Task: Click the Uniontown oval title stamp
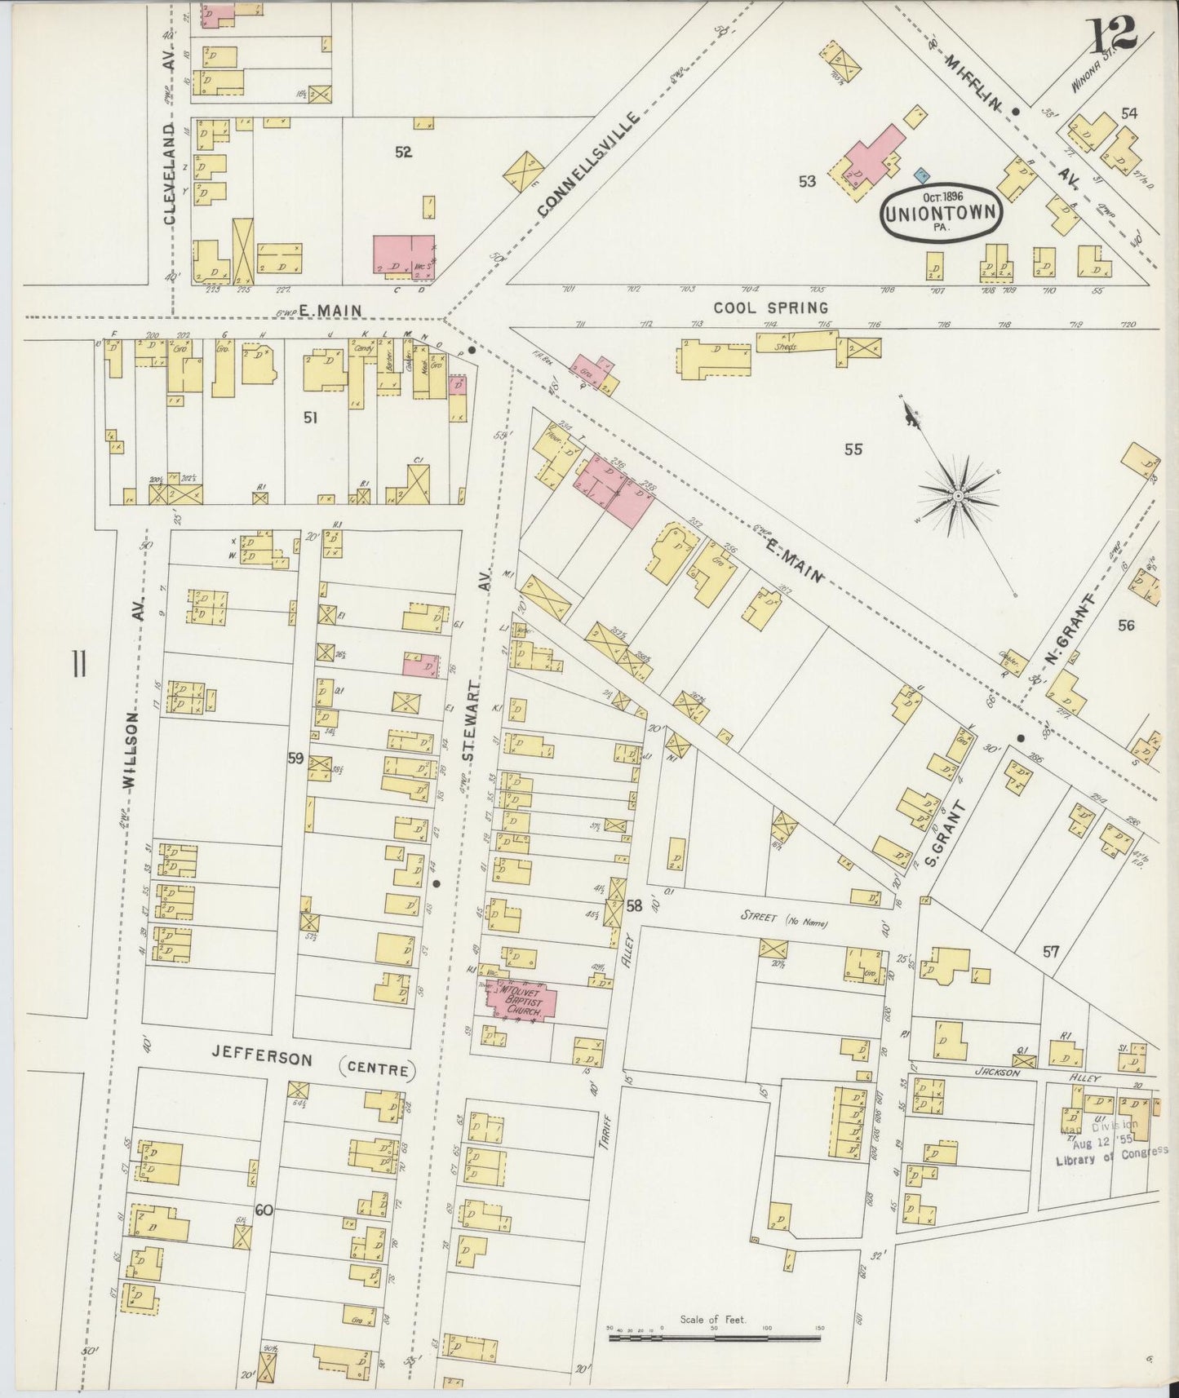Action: point(942,212)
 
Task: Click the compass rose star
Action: point(958,495)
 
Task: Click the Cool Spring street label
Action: point(770,307)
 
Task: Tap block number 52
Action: point(402,153)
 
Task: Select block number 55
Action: point(853,449)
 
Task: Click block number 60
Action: point(263,1210)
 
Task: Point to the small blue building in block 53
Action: point(922,174)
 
